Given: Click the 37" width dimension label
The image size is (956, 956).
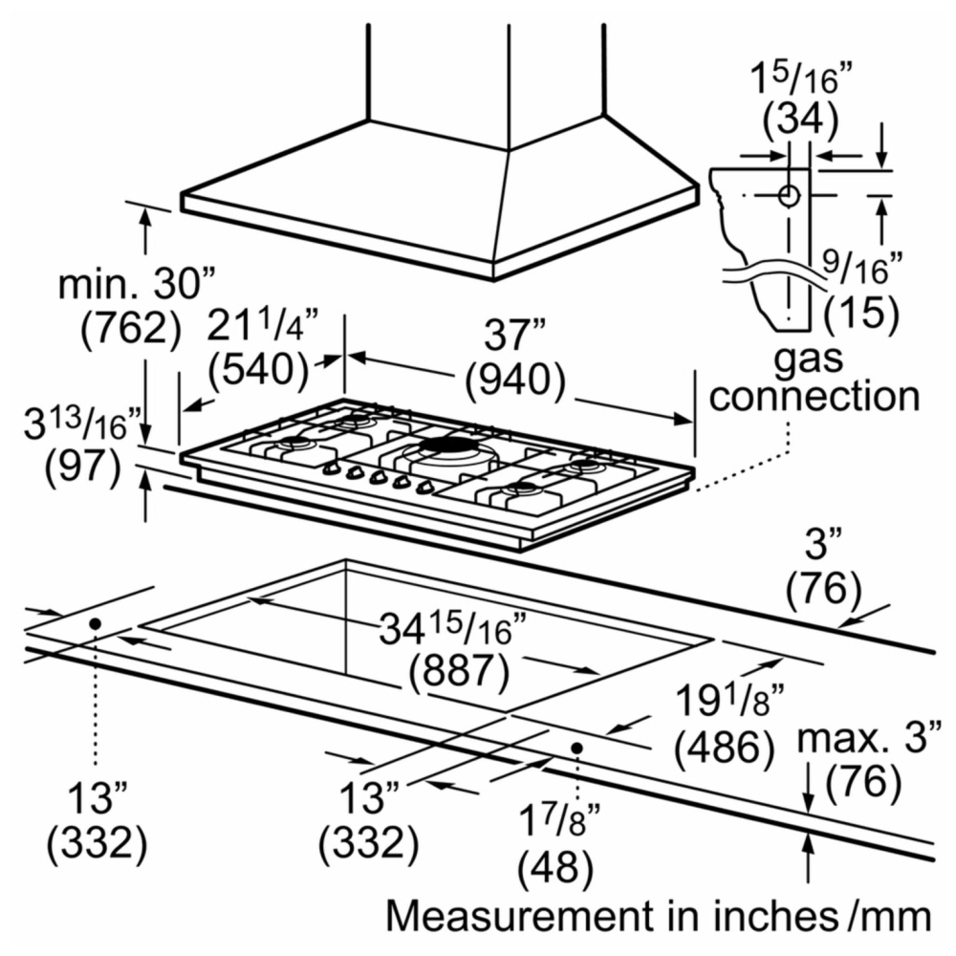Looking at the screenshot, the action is click(514, 335).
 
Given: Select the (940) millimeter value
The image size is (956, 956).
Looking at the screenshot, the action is click(515, 380).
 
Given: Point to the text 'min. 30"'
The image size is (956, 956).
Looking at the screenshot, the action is click(137, 284).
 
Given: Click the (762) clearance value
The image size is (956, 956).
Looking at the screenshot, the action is click(131, 329).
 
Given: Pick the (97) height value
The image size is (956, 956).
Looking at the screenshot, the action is click(83, 468).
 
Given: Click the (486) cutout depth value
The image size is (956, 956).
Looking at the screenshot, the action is click(725, 748).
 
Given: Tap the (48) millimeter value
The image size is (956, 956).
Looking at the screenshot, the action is click(554, 868).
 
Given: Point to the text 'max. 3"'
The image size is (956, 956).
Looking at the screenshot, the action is click(869, 738).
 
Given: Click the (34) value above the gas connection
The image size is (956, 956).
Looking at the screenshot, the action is click(801, 119).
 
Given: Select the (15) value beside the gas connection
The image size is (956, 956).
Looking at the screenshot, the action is click(861, 314).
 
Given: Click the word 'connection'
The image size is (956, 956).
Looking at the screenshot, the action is click(815, 397).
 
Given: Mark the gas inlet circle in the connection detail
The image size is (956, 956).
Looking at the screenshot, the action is click(789, 196).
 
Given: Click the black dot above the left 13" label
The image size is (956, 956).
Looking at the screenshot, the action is click(95, 623).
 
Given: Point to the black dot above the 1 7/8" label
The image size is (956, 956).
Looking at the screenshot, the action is click(576, 748).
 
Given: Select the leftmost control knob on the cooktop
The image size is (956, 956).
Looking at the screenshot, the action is click(331, 468).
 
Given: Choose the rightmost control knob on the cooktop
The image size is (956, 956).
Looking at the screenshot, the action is click(424, 487).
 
